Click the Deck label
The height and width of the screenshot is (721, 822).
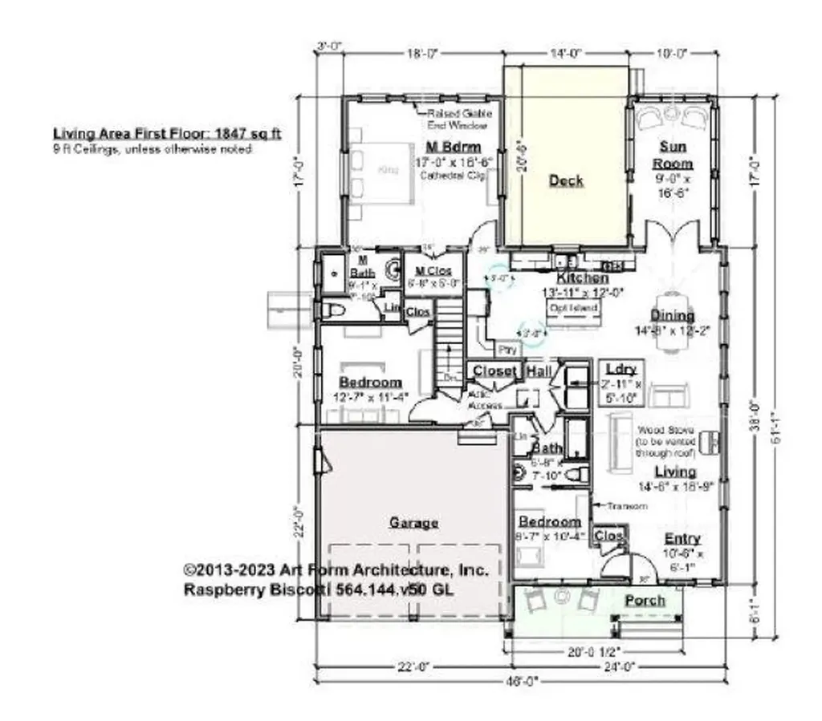click(566, 180)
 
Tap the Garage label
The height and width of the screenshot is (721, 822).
click(413, 523)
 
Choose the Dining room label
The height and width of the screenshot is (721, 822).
click(672, 315)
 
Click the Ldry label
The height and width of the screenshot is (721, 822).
click(621, 369)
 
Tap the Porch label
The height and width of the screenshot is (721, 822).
click(645, 600)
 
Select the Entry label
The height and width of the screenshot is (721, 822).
click(682, 538)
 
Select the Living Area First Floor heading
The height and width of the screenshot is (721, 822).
click(166, 133)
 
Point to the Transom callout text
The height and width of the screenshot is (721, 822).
click(621, 506)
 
